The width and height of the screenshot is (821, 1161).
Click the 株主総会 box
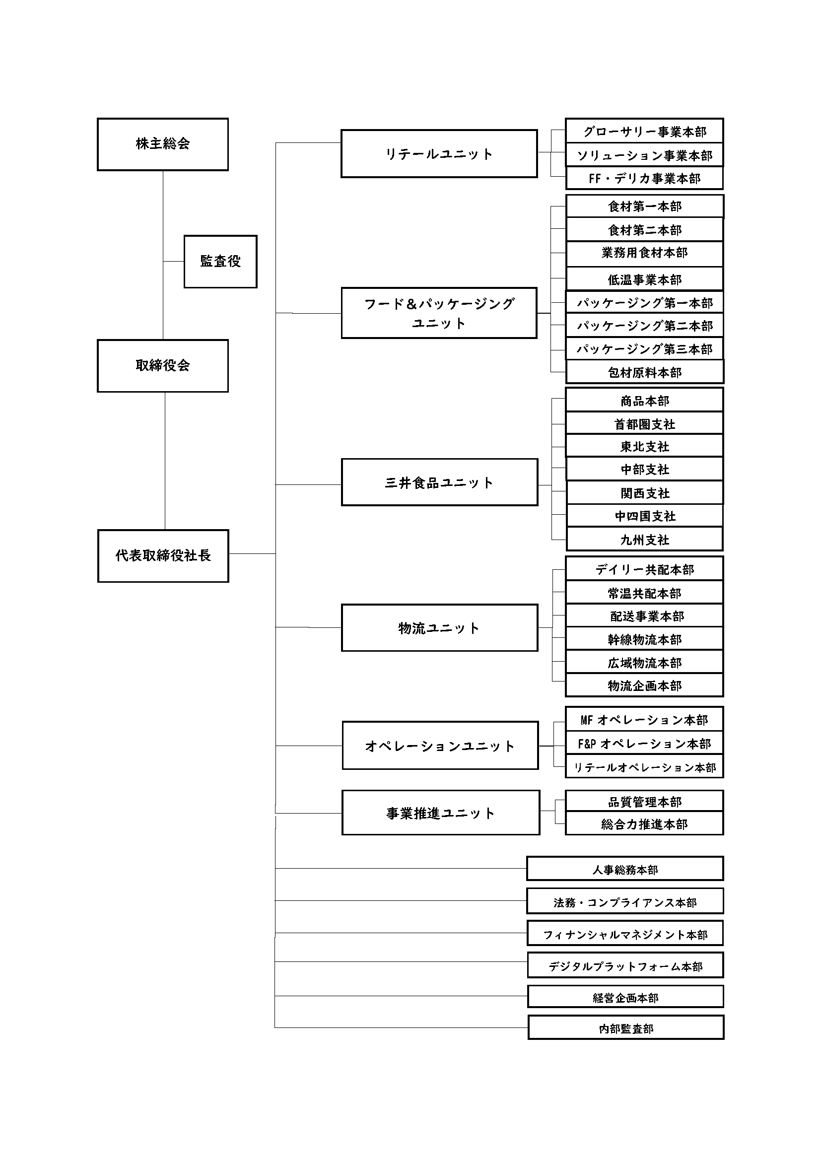pos(163,144)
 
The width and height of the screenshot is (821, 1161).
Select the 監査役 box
pos(220,262)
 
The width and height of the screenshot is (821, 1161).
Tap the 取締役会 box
pos(163,366)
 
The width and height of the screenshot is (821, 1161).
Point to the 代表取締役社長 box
pos(163,556)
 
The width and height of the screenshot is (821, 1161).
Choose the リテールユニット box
pos(439,154)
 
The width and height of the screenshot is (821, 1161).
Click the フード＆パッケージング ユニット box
pos(439,313)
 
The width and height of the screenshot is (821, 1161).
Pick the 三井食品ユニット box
pos(440,482)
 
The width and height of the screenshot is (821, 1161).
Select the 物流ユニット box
pos(440,627)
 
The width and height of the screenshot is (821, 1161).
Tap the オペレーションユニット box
pos(440,746)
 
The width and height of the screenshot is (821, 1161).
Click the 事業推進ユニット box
pos(441,813)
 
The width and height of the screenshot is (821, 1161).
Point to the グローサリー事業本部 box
pos(645,132)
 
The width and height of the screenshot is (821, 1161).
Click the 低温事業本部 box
pos(645,279)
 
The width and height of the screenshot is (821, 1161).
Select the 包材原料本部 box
pos(645,372)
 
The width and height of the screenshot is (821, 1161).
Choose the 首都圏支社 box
pos(645,424)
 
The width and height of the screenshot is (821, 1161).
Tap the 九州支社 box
pos(645,539)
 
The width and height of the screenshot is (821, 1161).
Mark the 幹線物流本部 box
pos(645,639)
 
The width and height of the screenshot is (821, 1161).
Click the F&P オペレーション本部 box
pos(645,744)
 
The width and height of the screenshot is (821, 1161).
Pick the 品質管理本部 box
pos(645,802)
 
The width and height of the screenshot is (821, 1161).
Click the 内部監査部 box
pos(626,1027)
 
